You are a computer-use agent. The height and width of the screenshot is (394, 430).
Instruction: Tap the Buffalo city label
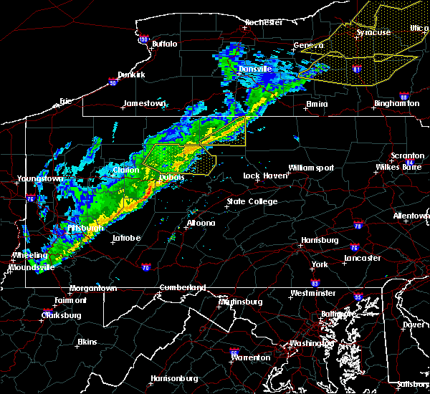(164, 44)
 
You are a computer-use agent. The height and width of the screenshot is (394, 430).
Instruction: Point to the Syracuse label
(373, 32)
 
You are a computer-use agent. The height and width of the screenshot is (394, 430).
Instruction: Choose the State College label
(252, 202)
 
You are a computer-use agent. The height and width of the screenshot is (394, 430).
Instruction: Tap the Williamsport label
(311, 168)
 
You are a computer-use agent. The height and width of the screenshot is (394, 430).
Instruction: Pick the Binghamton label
(396, 104)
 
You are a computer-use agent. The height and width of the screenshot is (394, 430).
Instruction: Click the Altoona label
(201, 224)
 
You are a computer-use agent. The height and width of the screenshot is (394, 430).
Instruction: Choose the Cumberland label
(181, 288)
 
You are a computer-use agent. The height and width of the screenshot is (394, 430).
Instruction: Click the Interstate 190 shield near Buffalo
(143, 39)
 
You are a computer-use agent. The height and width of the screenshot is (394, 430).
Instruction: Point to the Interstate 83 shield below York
(315, 284)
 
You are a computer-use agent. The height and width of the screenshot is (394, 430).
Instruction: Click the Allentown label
(411, 216)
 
